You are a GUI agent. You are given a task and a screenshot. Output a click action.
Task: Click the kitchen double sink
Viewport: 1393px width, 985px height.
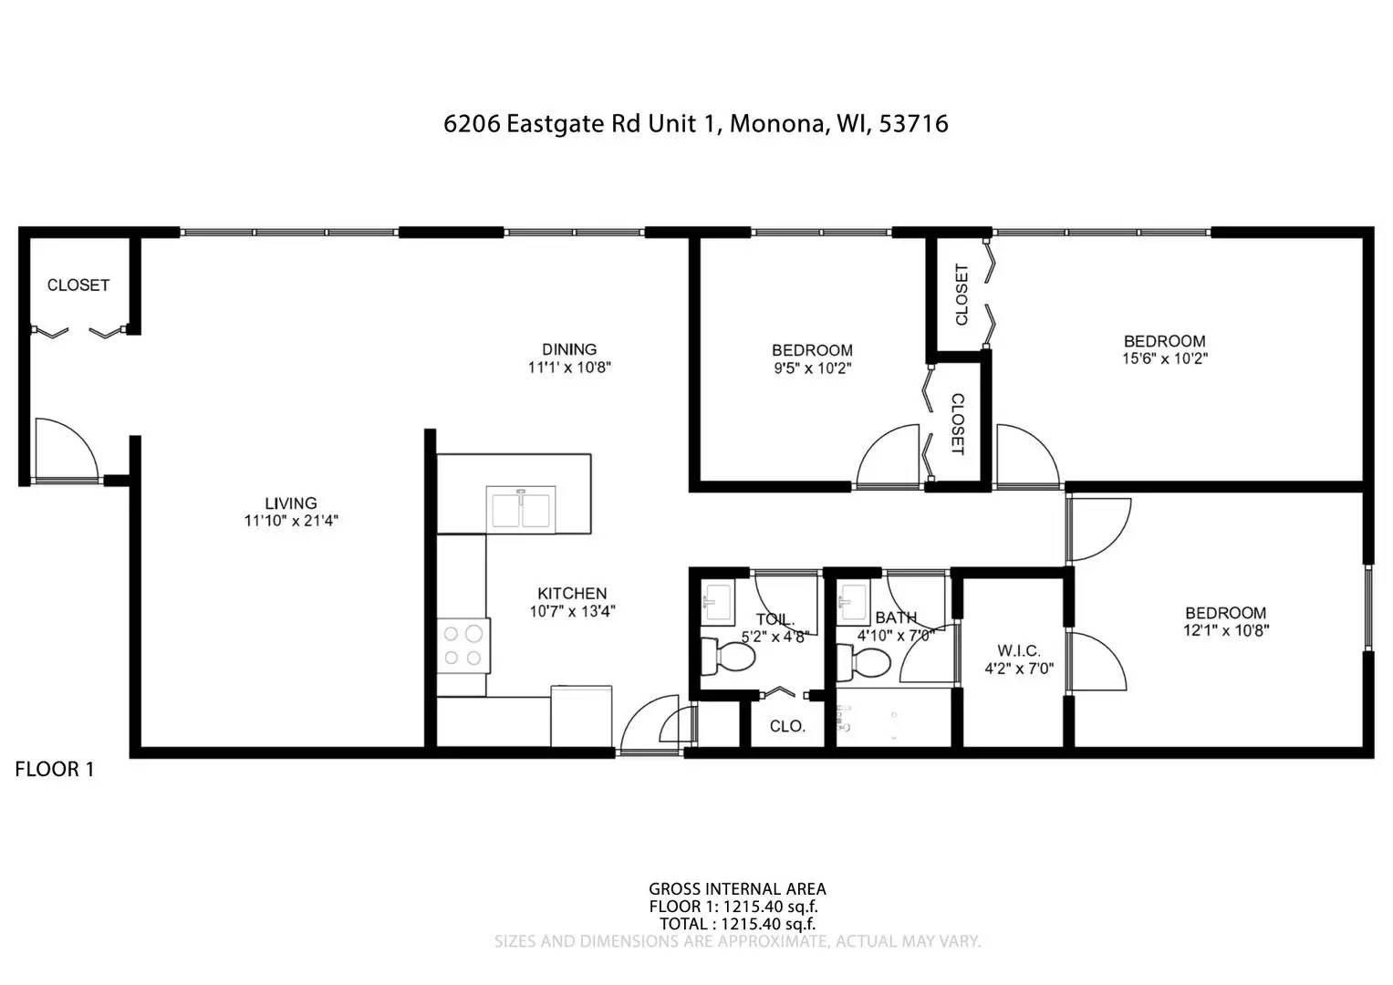point(521,510)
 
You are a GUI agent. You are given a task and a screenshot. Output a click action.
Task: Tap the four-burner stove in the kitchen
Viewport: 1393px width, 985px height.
point(463,646)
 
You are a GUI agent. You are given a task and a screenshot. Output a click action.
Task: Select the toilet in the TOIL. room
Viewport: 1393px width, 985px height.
point(728,658)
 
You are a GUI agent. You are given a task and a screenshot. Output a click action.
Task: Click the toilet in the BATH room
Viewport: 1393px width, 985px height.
point(864,664)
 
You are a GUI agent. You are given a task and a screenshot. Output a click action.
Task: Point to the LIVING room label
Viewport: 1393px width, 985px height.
point(291,503)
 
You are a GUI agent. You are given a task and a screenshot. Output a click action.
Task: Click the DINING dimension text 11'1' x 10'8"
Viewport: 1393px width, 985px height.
point(569,368)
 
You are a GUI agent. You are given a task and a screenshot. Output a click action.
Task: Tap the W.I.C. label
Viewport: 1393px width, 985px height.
point(1019,651)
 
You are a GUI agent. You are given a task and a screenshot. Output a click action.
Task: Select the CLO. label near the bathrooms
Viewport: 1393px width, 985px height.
point(787,726)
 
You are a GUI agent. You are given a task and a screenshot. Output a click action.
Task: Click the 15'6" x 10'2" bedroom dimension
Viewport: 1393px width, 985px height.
point(1165,358)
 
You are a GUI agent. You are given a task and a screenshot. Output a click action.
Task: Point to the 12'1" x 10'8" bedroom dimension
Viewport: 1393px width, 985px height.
point(1226,630)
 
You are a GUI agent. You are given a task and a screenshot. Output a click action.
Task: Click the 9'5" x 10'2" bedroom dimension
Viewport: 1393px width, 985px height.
point(812,368)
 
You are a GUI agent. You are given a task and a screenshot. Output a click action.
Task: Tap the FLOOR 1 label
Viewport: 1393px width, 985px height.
point(55,769)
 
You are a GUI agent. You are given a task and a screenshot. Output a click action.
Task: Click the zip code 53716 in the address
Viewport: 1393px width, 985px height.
point(913,124)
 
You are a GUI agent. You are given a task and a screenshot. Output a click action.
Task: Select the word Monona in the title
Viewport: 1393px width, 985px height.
point(778,124)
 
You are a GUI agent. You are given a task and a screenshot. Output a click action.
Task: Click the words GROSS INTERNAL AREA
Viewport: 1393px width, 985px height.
point(737,889)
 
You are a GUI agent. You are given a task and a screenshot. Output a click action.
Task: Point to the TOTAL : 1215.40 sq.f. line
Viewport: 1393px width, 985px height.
point(737,924)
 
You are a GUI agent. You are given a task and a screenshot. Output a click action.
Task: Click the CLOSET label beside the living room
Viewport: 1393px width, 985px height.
point(78,285)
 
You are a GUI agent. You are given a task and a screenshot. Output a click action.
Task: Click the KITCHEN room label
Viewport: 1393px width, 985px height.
point(572,593)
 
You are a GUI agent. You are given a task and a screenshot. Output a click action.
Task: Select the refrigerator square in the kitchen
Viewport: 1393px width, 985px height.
point(581,716)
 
